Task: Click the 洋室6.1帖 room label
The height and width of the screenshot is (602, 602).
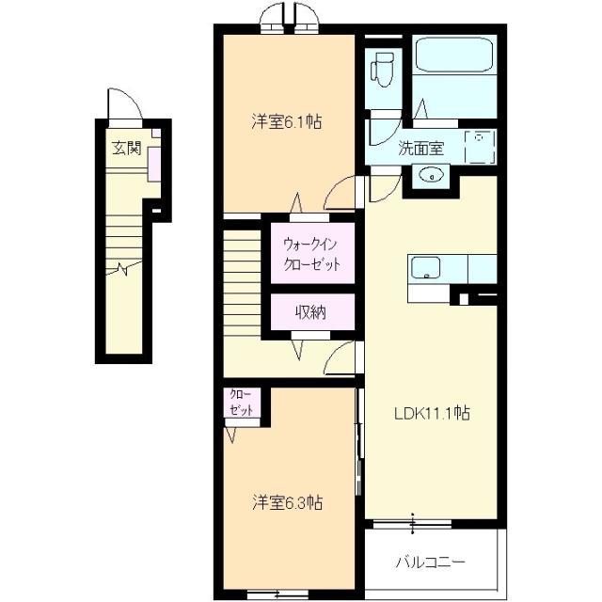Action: [x=287, y=121]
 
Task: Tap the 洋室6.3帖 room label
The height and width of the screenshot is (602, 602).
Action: [x=288, y=502]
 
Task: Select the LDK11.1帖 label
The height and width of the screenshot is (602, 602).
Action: [x=432, y=413]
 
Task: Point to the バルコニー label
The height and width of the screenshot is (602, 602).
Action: [x=430, y=562]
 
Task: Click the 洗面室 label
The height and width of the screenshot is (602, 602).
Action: [x=420, y=149]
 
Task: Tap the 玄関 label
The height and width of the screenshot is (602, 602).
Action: [x=127, y=148]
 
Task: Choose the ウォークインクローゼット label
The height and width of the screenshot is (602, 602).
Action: [x=311, y=254]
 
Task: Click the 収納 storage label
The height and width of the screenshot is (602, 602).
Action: [x=311, y=312]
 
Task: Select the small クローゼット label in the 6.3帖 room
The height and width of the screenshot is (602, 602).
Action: [x=241, y=403]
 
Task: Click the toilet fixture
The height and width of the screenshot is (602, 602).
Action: [x=382, y=69]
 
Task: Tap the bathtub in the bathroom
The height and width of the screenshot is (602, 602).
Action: [x=454, y=55]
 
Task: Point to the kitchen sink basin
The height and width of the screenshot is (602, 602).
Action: [x=426, y=267]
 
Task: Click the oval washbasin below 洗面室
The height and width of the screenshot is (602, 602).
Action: [x=432, y=176]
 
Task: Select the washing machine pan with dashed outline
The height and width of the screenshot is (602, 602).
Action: [x=479, y=147]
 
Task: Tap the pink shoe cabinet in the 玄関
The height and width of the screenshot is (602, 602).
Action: [x=154, y=164]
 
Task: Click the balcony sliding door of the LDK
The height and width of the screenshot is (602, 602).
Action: [x=412, y=524]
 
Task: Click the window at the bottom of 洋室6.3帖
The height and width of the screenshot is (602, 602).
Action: [x=278, y=594]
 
